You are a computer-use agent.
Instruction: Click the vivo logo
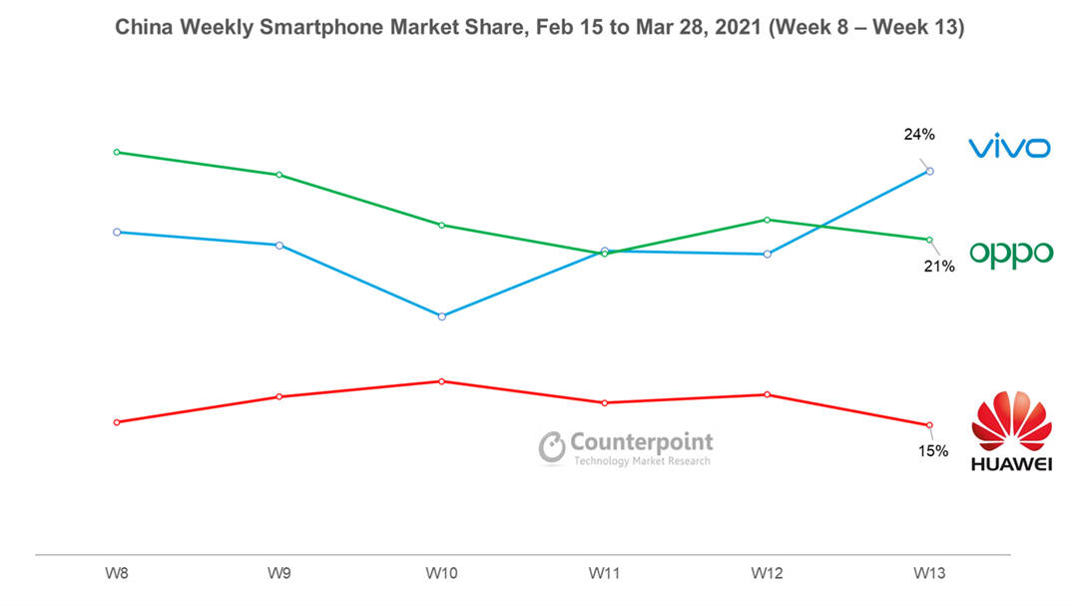[x=1009, y=149]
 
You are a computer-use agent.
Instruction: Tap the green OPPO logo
[x=1011, y=254]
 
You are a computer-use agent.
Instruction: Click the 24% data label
[x=920, y=134]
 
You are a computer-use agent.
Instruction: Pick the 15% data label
[x=933, y=450]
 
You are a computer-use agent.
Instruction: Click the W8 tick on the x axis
[x=117, y=574]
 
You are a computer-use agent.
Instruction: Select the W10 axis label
[x=441, y=574]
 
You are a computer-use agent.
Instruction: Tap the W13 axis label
[x=929, y=574]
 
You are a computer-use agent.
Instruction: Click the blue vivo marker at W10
[x=442, y=316]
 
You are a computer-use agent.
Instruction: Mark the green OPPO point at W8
[x=117, y=153]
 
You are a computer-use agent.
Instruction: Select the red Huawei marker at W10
[x=442, y=381]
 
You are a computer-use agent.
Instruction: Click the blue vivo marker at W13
[x=930, y=172]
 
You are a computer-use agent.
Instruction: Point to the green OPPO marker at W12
[x=767, y=220]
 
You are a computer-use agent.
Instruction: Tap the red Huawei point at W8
[x=117, y=422]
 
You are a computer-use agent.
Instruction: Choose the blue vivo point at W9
[x=279, y=246]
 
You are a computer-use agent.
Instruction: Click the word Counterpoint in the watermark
[x=642, y=442]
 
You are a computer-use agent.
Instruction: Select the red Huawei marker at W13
[x=929, y=425]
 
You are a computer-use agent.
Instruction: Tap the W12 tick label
[x=767, y=574]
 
